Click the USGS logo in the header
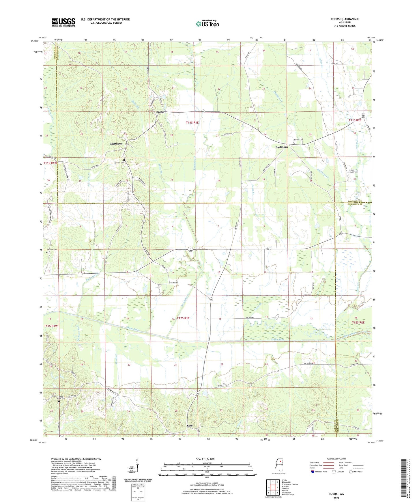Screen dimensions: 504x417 click(63, 22)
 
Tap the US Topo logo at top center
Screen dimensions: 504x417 click(207, 23)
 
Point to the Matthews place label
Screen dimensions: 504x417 click(116, 143)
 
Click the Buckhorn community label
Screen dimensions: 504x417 click(281, 147)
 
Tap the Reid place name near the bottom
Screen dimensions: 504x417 click(190, 425)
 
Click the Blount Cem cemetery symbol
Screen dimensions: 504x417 click(294, 142)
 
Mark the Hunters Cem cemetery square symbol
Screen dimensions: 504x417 click(124, 160)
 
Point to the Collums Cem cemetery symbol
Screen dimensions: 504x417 click(47, 252)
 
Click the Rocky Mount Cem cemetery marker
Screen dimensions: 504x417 click(59, 401)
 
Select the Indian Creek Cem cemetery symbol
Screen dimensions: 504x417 click(347, 173)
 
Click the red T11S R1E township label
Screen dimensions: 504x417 click(192, 122)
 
